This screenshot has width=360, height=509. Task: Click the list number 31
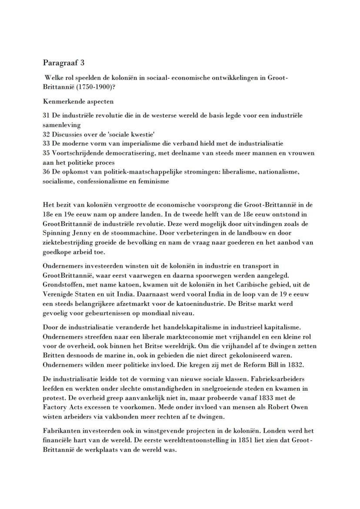(47, 115)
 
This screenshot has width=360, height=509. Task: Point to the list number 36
(47, 172)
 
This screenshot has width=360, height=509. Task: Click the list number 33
(47, 143)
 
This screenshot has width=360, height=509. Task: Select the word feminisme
(154, 181)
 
